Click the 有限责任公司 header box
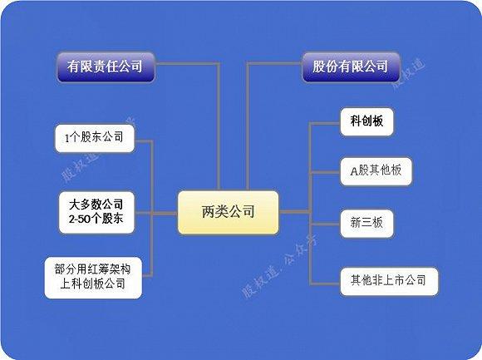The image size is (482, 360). point(106,67)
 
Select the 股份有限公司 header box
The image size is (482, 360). point(351,67)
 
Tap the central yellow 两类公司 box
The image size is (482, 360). point(229,213)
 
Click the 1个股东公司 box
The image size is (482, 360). point(95,138)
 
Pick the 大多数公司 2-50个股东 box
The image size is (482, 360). point(96,213)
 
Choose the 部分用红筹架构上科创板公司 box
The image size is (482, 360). point(93,278)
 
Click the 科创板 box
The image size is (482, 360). point(366,121)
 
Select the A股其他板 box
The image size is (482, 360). point(376,171)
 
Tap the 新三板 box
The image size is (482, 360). point(366,224)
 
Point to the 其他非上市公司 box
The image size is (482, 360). point(389,281)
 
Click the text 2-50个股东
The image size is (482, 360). point(96,219)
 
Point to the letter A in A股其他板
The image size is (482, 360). point(354,171)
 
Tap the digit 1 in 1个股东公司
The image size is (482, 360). point(66,139)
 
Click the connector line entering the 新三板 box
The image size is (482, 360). point(325,224)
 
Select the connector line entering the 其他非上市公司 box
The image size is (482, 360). point(325,283)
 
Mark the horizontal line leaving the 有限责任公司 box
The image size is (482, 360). point(188,64)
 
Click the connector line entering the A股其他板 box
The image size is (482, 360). point(325,172)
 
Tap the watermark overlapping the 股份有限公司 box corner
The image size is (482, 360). point(410,74)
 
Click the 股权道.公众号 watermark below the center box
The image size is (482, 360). point(280,266)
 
